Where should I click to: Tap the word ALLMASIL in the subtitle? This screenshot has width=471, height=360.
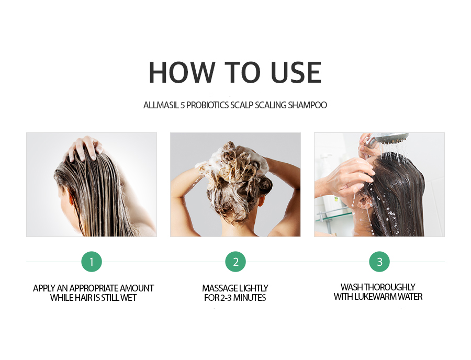point(161,105)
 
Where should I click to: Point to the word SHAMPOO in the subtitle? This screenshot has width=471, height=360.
point(307,105)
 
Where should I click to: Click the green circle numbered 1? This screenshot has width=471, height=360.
point(92,262)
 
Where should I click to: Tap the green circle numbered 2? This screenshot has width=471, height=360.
point(235,262)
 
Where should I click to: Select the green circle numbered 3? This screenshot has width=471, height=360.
point(379,262)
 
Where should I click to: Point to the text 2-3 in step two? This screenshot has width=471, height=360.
point(226,298)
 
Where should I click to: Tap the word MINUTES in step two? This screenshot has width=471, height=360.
point(251,298)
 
